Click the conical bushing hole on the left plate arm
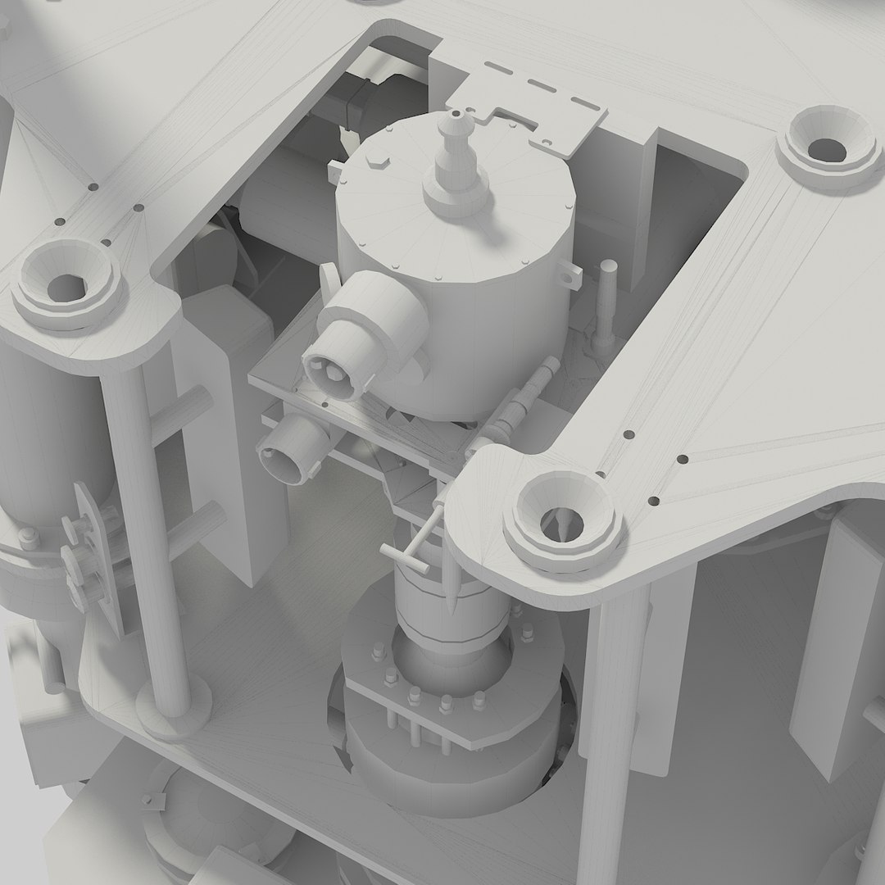[65, 284]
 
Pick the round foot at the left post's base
[172, 713]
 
